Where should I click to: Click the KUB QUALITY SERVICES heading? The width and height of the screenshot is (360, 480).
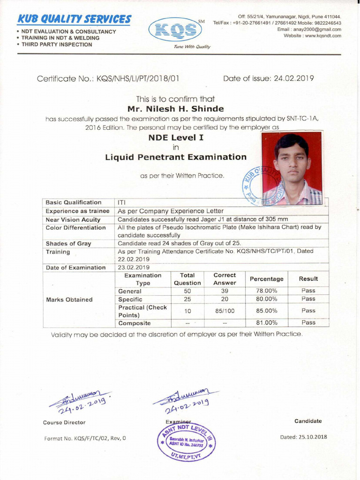point(74,19)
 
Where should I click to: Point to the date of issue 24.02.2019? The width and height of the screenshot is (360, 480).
point(292,79)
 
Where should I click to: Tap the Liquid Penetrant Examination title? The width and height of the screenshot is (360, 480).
point(175,157)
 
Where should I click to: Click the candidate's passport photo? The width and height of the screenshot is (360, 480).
point(292,168)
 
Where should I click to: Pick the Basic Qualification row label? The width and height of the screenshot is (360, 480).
point(74,202)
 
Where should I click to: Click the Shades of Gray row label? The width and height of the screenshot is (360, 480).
point(68,244)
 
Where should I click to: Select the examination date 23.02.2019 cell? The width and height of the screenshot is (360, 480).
point(134,268)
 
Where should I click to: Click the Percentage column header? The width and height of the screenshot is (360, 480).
point(266,279)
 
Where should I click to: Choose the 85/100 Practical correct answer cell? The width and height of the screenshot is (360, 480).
point(225,310)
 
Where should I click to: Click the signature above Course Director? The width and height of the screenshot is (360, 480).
point(80,400)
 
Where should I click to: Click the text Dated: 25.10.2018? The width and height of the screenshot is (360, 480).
point(303,437)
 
